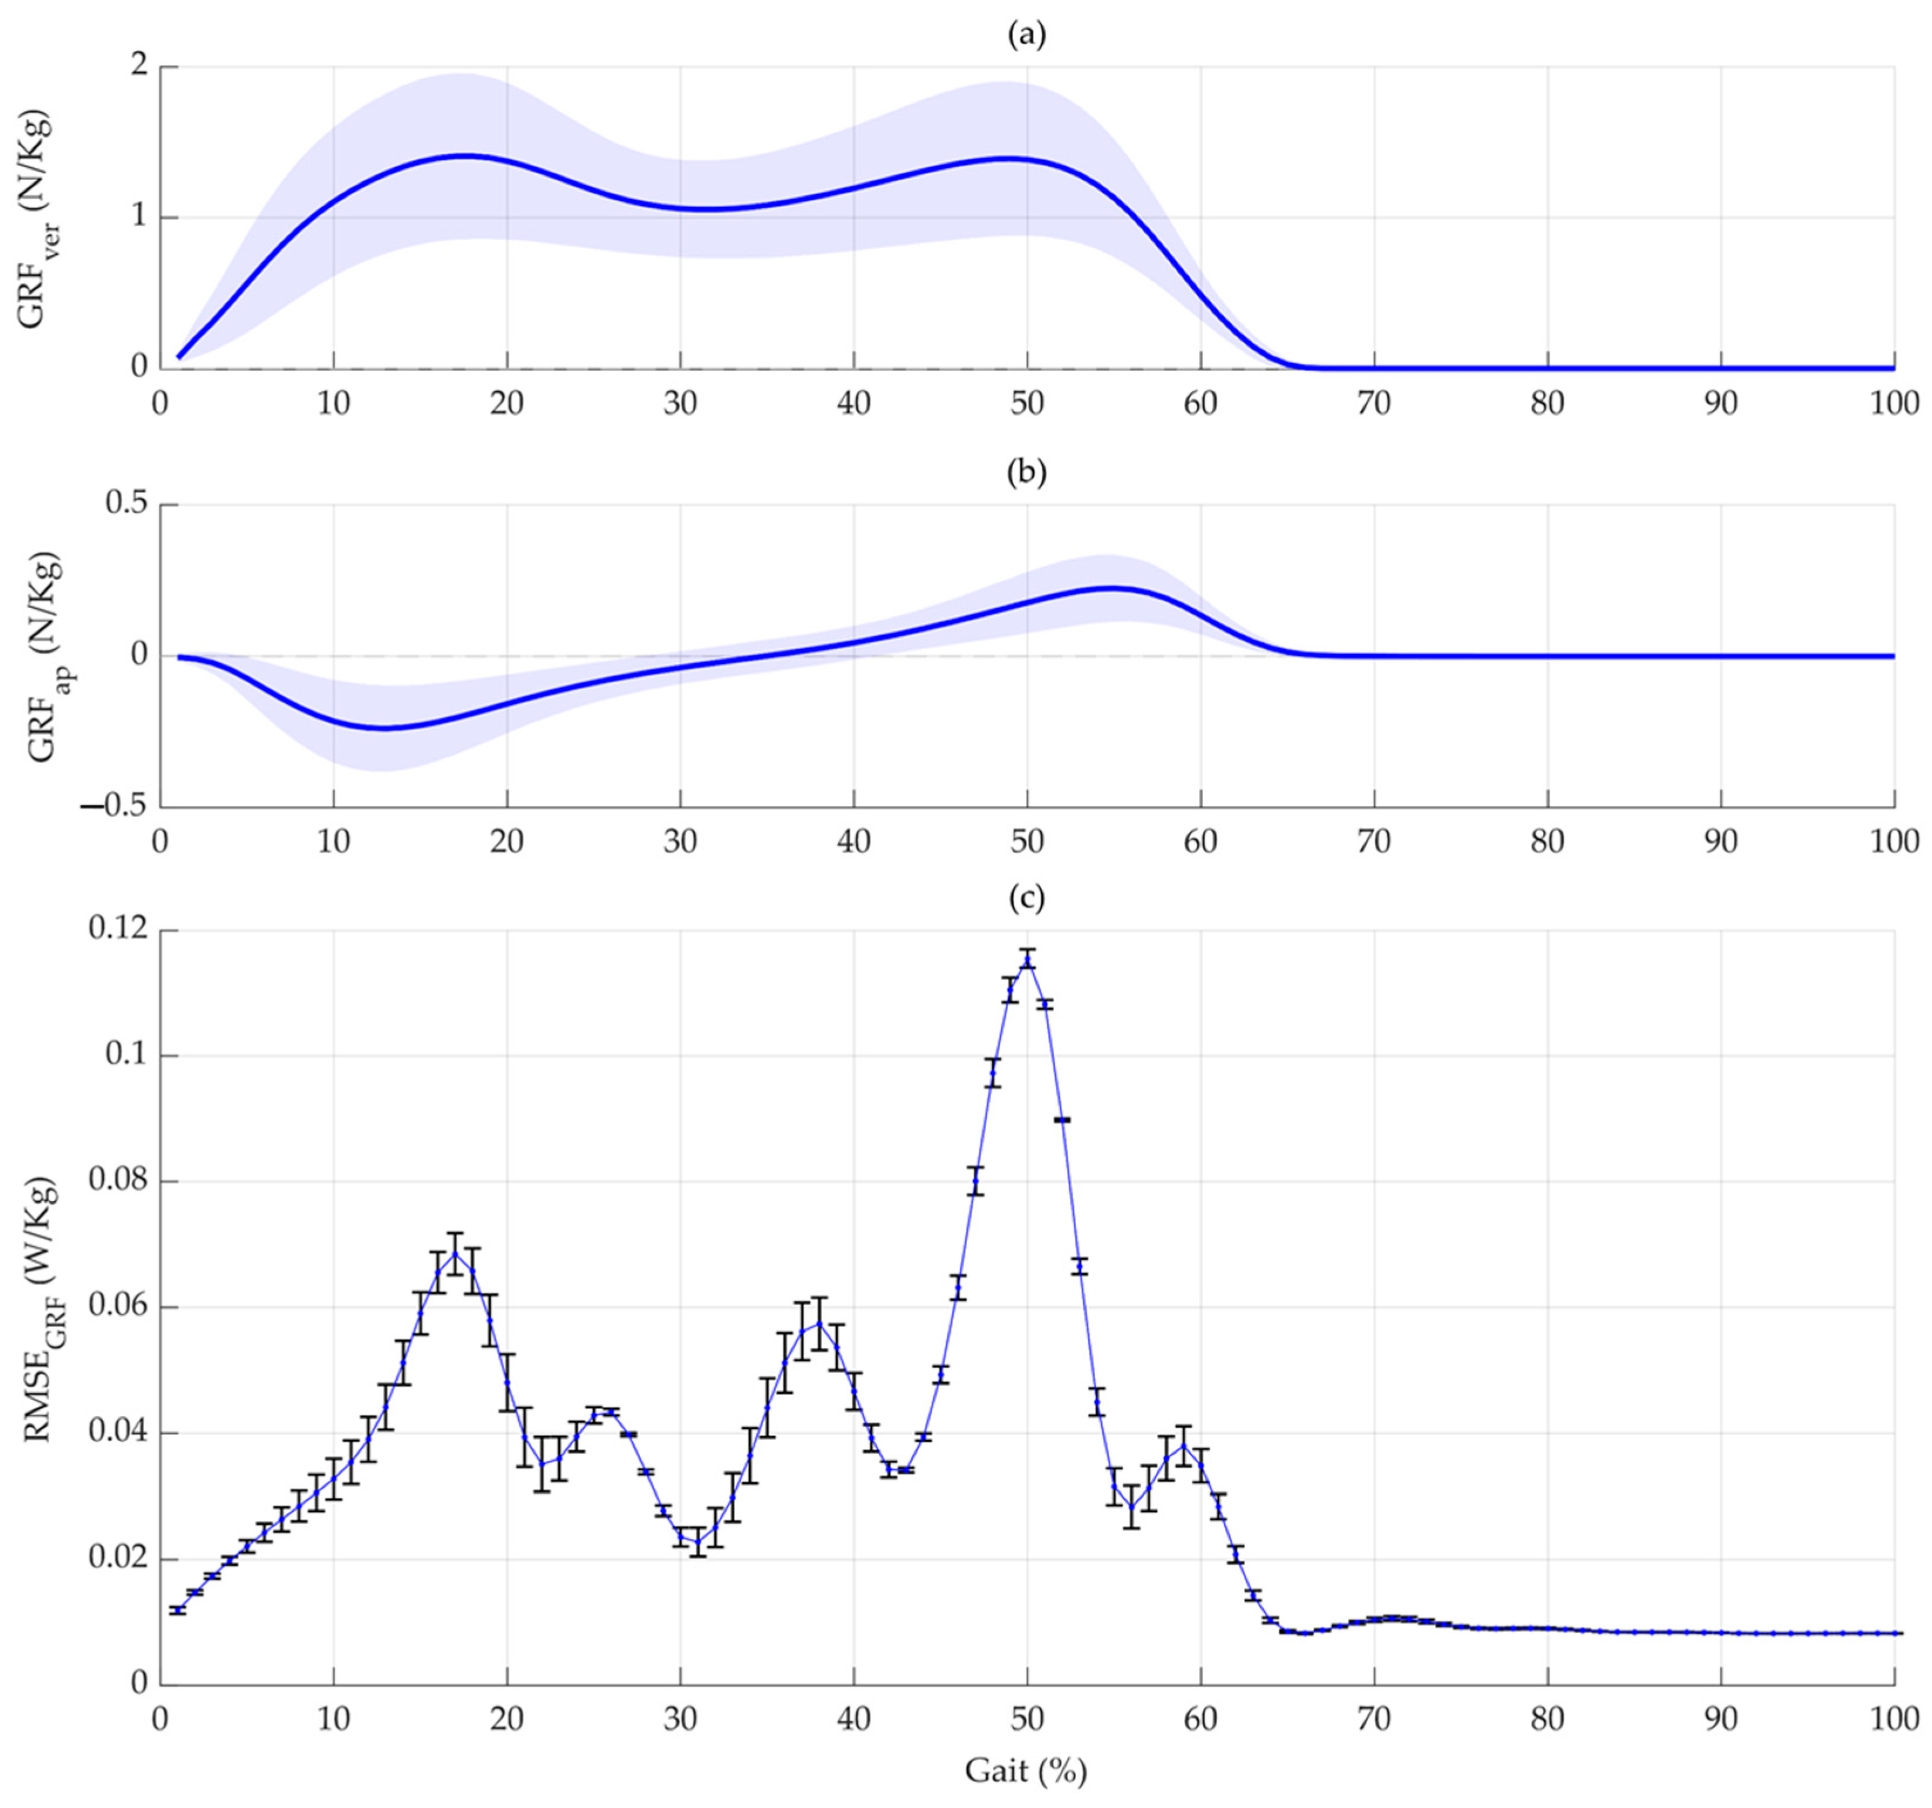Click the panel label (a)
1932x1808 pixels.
pyautogui.click(x=1026, y=36)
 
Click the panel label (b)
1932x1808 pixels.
pyautogui.click(x=1026, y=473)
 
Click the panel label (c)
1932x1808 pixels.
pyautogui.click(x=1026, y=899)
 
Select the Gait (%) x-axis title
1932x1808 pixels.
pyautogui.click(x=1025, y=1770)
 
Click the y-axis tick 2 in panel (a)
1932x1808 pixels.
pyautogui.click(x=139, y=66)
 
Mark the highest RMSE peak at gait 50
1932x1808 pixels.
pyautogui.click(x=1027, y=959)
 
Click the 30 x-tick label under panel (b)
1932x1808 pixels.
pyautogui.click(x=681, y=841)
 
